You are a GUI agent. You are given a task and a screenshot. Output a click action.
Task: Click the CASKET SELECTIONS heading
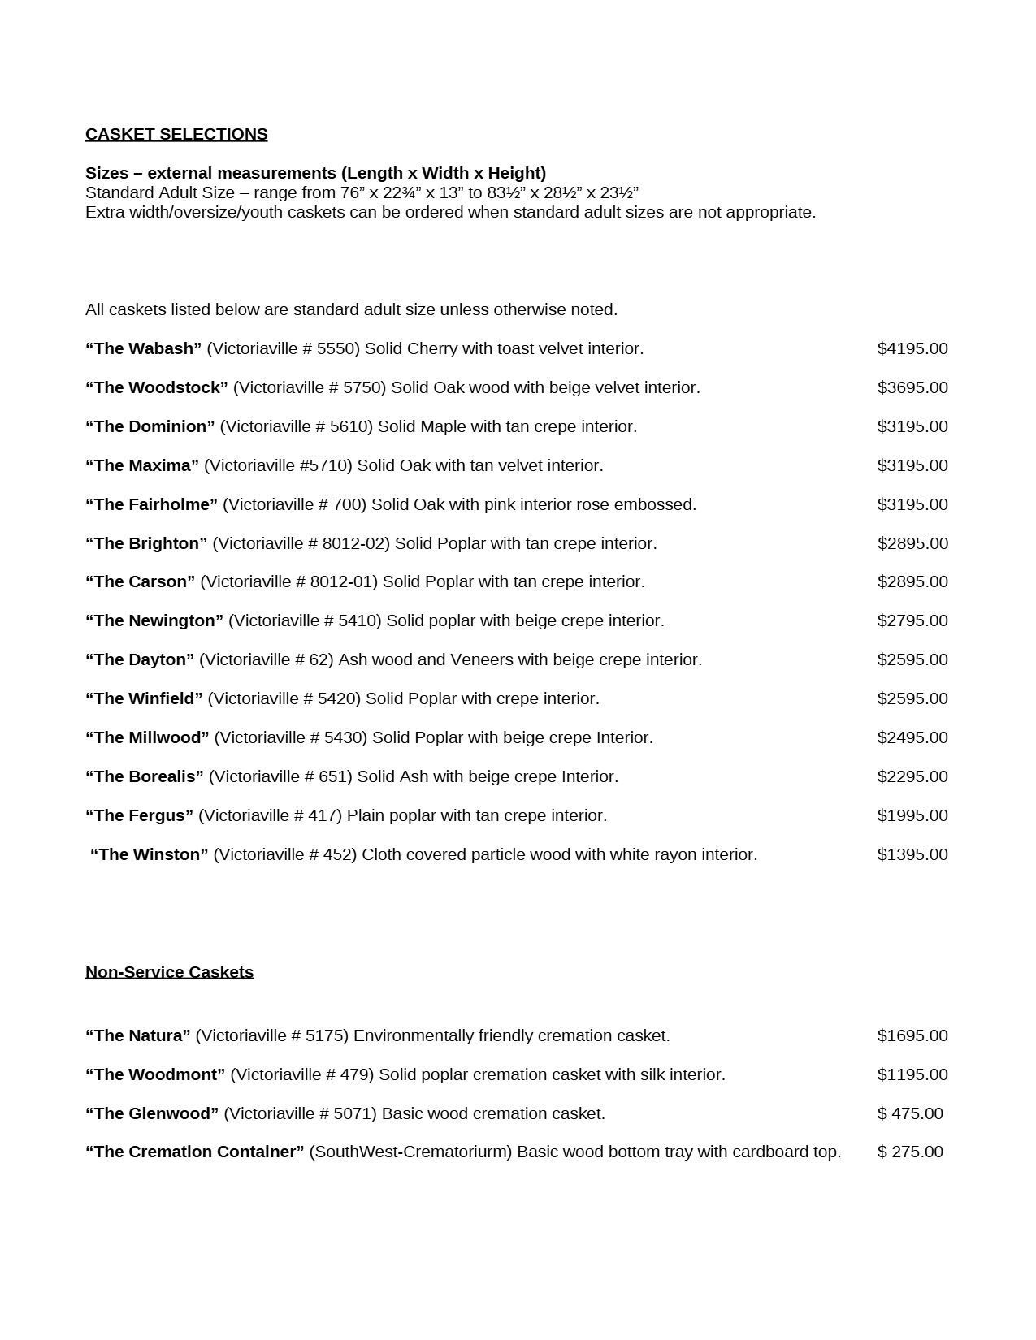coord(176,134)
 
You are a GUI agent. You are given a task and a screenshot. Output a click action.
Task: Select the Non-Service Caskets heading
coord(169,972)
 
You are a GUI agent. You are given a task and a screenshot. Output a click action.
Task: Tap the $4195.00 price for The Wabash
coord(912,348)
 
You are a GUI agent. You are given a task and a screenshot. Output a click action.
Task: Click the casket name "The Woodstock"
coord(157,387)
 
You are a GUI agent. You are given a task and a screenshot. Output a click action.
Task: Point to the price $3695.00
coord(912,387)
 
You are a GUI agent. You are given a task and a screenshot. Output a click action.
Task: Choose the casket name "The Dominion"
coord(150,426)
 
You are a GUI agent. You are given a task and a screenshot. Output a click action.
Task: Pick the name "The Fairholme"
coord(152,504)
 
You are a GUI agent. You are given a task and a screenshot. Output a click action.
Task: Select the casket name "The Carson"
coord(141,581)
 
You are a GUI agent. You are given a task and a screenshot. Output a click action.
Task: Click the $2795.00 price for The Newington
coord(912,620)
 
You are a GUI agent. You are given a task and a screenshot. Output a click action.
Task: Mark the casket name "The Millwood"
coord(147,737)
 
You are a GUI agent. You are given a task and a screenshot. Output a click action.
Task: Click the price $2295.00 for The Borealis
coord(912,776)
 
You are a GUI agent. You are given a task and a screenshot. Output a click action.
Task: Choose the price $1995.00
coord(912,815)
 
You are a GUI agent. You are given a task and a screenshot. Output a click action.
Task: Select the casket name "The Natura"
coord(138,1035)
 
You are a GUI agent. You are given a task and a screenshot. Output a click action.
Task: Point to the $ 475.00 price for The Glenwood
coord(910,1113)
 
